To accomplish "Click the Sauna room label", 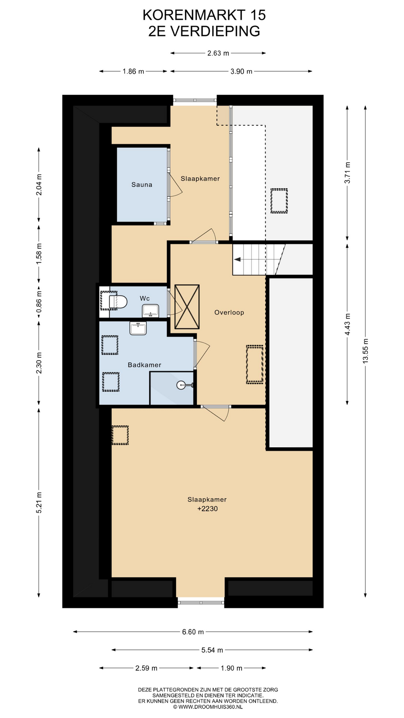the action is coord(142,184).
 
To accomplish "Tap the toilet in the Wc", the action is coord(117,301).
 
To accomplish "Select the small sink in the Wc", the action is coord(150,311).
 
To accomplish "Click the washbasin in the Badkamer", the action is coord(138,328).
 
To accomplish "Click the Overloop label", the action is coord(229,312).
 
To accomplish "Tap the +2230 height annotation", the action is coord(207,509).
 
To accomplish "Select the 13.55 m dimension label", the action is coord(365,350).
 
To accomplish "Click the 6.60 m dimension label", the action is coord(193,632).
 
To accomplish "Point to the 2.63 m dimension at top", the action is coord(218,53).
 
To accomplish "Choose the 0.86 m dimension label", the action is coord(39,302).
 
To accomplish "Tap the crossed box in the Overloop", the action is coord(187,307).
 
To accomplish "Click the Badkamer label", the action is coord(144,365).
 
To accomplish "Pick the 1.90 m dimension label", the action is coord(232,668).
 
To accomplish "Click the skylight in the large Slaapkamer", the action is coord(120,435).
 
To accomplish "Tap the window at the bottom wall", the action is coord(201,602).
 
